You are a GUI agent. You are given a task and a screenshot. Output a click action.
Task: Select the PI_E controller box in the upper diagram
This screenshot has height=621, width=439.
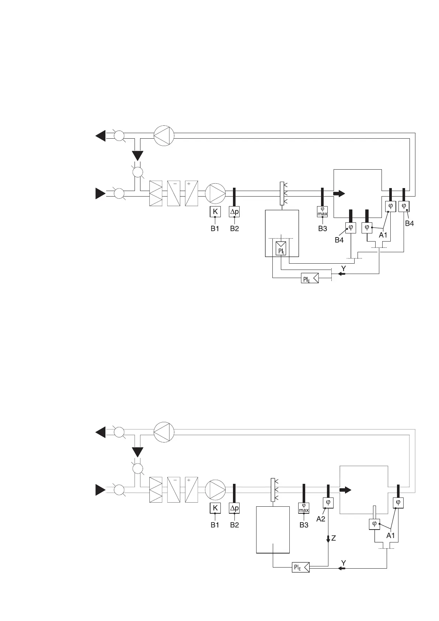click(310, 279)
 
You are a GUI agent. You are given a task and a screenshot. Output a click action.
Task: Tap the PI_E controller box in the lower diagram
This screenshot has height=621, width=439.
click(300, 568)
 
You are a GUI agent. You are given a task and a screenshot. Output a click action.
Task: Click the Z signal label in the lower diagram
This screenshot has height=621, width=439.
click(334, 538)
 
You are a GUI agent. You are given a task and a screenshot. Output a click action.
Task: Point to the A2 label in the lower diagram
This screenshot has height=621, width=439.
click(321, 519)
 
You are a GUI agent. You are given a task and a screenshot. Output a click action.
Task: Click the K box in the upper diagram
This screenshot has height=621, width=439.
click(215, 212)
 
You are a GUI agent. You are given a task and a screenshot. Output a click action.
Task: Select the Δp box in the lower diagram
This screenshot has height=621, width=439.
click(234, 508)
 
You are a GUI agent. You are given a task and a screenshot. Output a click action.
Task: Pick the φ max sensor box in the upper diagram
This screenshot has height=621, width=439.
click(323, 212)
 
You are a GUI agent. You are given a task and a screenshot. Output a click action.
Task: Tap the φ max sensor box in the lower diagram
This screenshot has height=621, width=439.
click(304, 508)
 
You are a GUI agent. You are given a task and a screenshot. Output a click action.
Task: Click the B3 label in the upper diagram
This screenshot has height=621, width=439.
click(323, 229)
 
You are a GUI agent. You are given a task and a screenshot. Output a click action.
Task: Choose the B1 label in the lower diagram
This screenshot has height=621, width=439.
click(215, 525)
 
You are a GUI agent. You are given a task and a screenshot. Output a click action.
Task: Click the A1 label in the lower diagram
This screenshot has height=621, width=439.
click(390, 536)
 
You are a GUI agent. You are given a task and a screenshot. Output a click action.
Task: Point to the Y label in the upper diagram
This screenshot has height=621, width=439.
click(344, 268)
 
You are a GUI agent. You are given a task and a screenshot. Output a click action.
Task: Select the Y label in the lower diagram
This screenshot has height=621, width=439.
click(344, 563)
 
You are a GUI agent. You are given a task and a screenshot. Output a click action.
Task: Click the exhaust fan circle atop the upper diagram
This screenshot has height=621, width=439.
click(164, 136)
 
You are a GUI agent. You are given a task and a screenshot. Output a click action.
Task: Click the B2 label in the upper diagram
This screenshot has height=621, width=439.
click(234, 229)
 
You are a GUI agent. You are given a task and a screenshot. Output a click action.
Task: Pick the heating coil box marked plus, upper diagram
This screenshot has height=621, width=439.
click(191, 193)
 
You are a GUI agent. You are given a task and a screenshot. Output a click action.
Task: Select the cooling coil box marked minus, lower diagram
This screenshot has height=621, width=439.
click(174, 489)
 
